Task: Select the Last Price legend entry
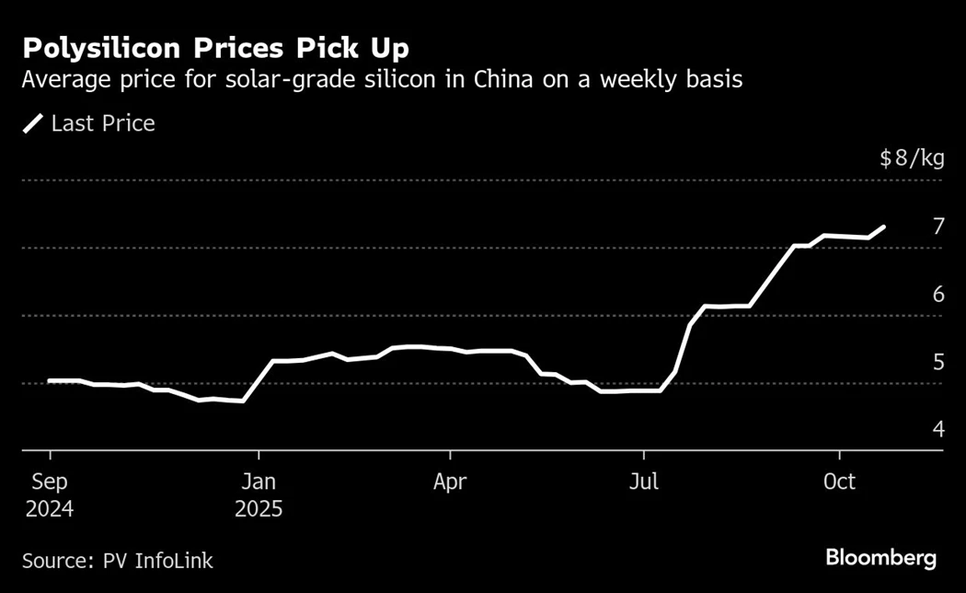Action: click(x=89, y=123)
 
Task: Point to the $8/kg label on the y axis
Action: click(x=911, y=159)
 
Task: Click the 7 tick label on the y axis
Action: click(x=938, y=227)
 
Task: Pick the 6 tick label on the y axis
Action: click(x=938, y=295)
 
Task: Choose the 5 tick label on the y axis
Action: click(x=938, y=362)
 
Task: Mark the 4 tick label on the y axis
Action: click(x=938, y=429)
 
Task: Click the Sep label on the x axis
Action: click(x=50, y=482)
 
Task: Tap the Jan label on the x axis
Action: click(x=259, y=482)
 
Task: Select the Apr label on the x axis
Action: click(x=450, y=482)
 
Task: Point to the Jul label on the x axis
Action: click(x=643, y=482)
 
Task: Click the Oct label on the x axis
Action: click(x=839, y=482)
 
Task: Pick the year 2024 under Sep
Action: click(x=50, y=509)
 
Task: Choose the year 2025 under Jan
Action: click(x=259, y=509)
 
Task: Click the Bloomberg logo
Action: click(x=880, y=557)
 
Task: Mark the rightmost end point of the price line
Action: click(x=884, y=227)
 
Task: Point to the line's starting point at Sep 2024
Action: click(x=50, y=380)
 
